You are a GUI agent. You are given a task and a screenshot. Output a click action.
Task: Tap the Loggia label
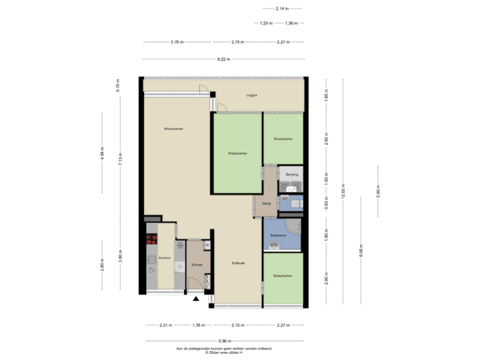point(251,95)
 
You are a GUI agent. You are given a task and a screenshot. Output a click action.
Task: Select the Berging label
point(291,175)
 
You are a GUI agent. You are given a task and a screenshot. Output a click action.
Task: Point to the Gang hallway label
point(265,204)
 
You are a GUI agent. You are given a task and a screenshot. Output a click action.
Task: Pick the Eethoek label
point(238,263)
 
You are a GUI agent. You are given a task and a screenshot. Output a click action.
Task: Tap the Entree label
point(197,265)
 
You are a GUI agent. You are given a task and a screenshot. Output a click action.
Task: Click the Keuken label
point(165,257)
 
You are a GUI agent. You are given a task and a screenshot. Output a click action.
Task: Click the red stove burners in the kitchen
point(151,238)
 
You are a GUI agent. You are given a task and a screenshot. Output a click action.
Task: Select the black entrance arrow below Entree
point(195,300)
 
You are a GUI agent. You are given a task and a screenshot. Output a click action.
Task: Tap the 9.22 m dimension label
point(223,59)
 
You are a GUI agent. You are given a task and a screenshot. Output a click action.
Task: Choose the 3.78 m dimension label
point(177,42)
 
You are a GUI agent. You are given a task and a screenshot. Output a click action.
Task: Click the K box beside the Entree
point(207,245)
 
